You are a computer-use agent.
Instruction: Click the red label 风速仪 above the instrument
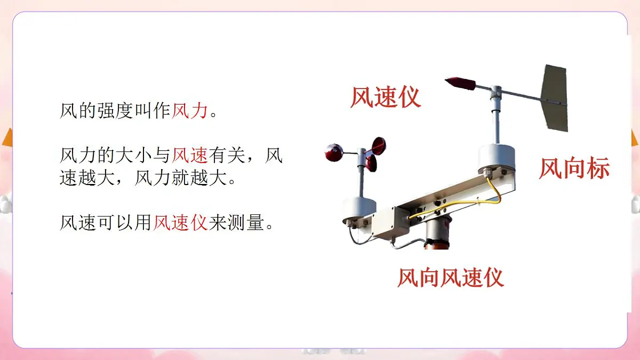pos(385,98)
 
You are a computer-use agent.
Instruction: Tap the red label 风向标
pos(574,169)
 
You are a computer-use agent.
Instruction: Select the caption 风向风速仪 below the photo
pos(451,278)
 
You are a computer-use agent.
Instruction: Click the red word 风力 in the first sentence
pos(189,111)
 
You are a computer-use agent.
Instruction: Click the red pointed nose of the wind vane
pos(460,83)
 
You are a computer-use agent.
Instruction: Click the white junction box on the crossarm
pos(390,222)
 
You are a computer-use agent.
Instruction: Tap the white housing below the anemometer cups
pos(359,208)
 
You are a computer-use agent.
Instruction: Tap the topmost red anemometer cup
pos(378,145)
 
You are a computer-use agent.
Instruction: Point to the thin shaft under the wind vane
pos(497,123)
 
